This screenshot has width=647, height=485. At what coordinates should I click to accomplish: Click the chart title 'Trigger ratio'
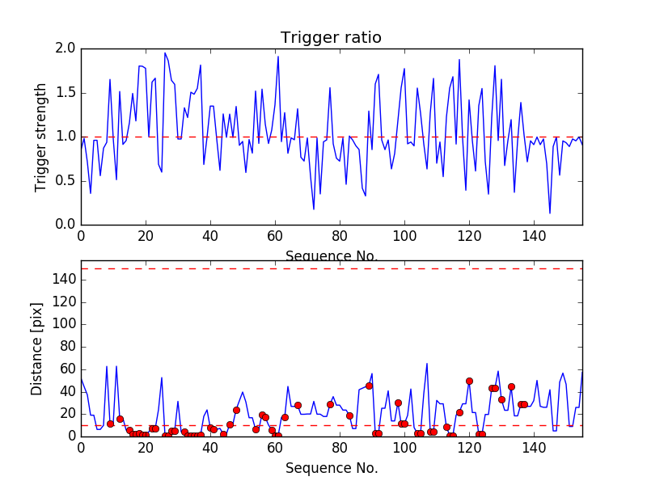coord(331,38)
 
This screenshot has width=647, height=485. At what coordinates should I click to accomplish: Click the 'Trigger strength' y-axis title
coord(41,137)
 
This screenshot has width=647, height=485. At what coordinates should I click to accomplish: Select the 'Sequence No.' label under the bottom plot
coord(331,468)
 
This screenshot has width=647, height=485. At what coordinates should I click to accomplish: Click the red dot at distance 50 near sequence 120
coord(469,381)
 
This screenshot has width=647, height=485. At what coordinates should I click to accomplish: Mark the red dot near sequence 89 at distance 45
coord(369,386)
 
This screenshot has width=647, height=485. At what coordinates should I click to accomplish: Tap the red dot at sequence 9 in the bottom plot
coord(110,424)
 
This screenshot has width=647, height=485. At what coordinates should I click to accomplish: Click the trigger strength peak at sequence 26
coord(165,53)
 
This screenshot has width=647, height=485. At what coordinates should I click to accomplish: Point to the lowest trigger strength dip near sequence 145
coord(550,213)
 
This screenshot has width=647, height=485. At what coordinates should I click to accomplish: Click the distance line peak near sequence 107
coord(427,364)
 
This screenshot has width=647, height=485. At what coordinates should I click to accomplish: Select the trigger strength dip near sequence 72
coord(314,209)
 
